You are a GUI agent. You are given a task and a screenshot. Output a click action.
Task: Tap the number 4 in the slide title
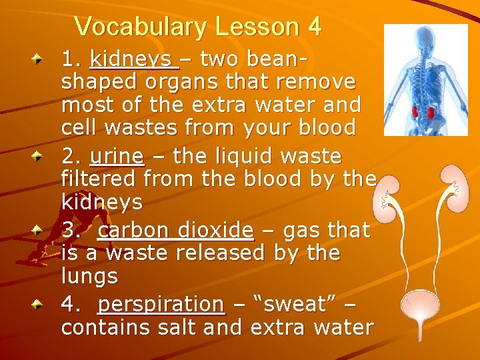[314, 27]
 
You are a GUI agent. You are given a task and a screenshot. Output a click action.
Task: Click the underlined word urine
[117, 157]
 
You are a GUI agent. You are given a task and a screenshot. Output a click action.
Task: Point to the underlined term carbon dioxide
[175, 230]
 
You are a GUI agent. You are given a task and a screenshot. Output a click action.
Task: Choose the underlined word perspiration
[161, 304]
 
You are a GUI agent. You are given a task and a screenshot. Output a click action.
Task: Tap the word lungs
[89, 276]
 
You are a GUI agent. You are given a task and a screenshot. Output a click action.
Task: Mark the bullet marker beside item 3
[41, 231]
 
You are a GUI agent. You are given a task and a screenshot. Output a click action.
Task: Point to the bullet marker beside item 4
[41, 305]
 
